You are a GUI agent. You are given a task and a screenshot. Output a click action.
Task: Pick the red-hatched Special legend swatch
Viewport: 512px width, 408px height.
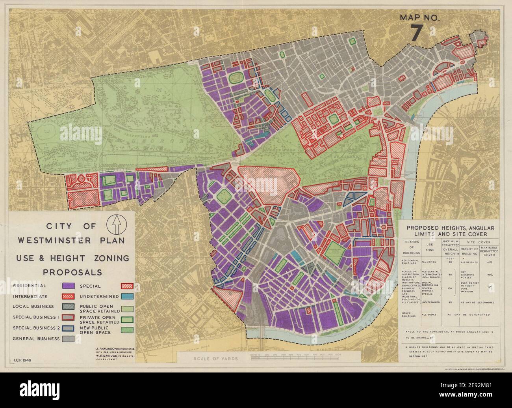pos(128,285)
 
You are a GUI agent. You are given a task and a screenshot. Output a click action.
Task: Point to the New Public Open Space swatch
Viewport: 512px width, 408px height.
pos(128,329)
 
